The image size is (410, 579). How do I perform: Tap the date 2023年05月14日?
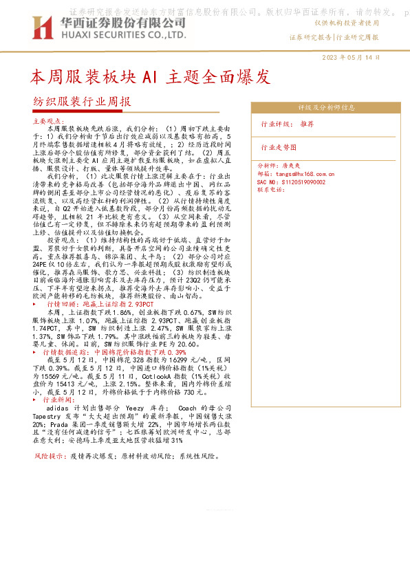[x=351, y=58]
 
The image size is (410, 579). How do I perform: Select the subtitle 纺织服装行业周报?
[x=82, y=101]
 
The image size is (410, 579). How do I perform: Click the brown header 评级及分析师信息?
[x=325, y=107]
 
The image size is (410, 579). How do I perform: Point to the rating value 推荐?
[x=307, y=124]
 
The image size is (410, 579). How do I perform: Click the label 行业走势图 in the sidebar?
[x=279, y=147]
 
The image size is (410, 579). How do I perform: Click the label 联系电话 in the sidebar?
[x=271, y=189]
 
